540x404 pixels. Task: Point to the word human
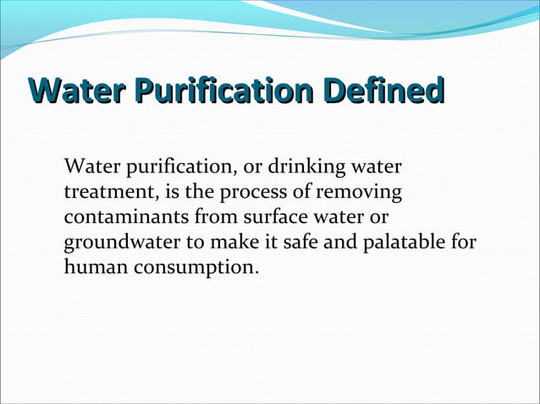pyautogui.click(x=93, y=268)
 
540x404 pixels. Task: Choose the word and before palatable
pyautogui.click(x=343, y=243)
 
